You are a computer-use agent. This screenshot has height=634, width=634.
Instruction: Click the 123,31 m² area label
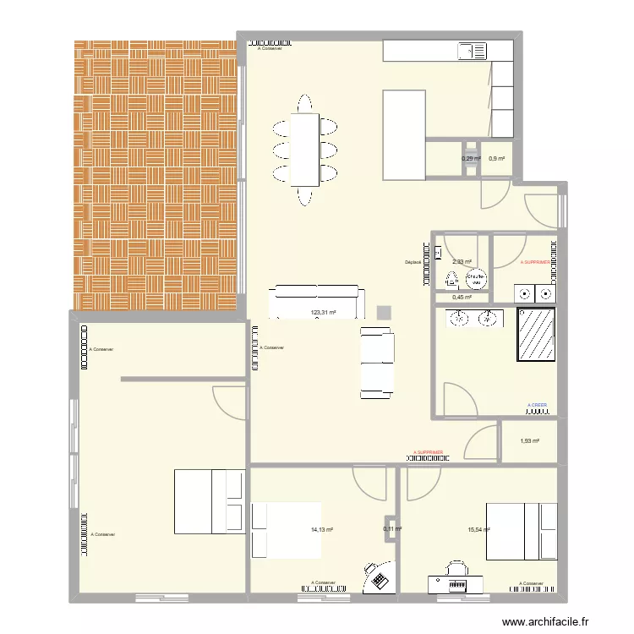324,313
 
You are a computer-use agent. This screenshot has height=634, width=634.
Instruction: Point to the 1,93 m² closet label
529,440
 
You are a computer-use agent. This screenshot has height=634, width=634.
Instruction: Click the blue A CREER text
536,405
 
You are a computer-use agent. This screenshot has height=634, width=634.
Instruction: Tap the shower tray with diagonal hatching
536,334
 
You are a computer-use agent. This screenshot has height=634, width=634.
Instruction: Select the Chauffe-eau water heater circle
475,277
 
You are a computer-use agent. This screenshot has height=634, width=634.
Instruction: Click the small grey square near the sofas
385,312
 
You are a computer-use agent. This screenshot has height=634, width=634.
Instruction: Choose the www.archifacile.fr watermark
549,622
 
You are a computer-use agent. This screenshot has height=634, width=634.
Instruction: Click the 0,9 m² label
496,158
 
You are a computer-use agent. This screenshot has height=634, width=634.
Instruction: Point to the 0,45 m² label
462,297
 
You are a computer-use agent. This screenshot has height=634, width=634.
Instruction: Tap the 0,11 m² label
392,530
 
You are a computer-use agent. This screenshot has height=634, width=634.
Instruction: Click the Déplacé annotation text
413,262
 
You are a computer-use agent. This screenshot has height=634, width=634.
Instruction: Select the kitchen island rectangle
404,135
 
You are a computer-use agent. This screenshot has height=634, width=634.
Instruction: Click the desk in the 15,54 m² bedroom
457,586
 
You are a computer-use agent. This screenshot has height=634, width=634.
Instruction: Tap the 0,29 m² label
471,158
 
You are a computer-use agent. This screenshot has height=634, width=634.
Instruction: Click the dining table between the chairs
304,150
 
